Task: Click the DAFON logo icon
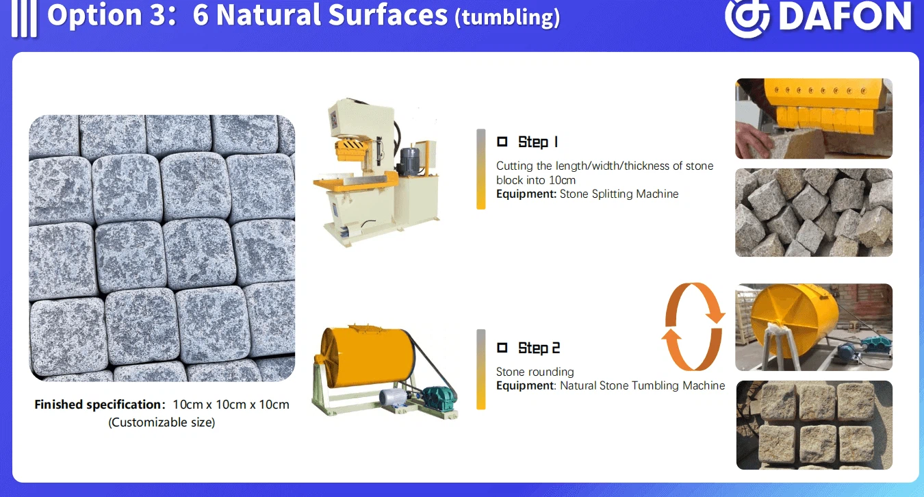click(747, 17)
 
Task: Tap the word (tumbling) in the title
click(507, 17)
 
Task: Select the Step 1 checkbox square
click(502, 142)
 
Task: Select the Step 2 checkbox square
click(502, 348)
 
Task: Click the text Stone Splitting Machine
click(619, 194)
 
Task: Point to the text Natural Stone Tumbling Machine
click(642, 385)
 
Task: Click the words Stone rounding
click(535, 372)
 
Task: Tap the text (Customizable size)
click(162, 422)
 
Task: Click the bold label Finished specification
click(99, 405)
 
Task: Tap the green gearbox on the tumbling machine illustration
click(440, 398)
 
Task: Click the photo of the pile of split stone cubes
click(813, 212)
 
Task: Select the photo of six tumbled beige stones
click(814, 425)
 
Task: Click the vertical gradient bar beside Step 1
click(480, 169)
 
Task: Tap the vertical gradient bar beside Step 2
click(480, 369)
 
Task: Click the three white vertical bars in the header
click(25, 18)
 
